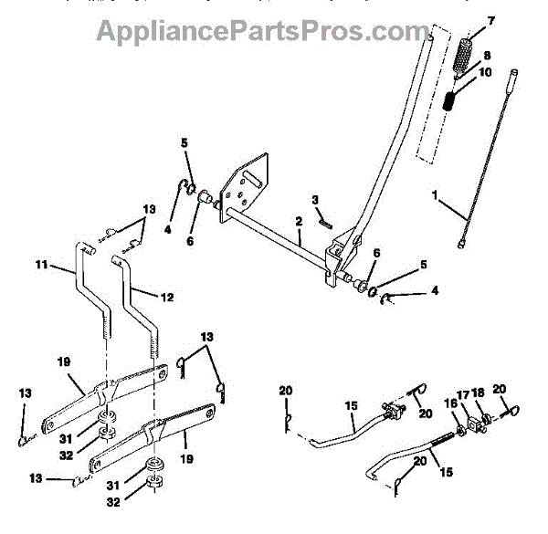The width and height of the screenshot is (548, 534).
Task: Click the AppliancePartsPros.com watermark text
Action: pyautogui.click(x=256, y=33)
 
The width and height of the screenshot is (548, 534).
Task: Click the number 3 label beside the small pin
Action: pyautogui.click(x=315, y=199)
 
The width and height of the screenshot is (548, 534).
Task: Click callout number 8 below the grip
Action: pyautogui.click(x=486, y=56)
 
